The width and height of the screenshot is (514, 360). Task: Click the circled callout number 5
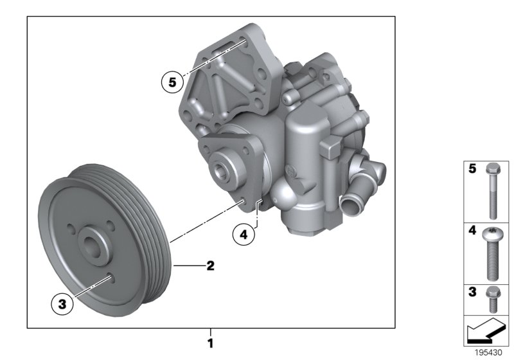tap(172, 82)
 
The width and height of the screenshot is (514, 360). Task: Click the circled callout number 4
tap(244, 235)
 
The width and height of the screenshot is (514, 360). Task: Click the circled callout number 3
tap(62, 305)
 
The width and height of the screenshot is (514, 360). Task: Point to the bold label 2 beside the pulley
tap(209, 264)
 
